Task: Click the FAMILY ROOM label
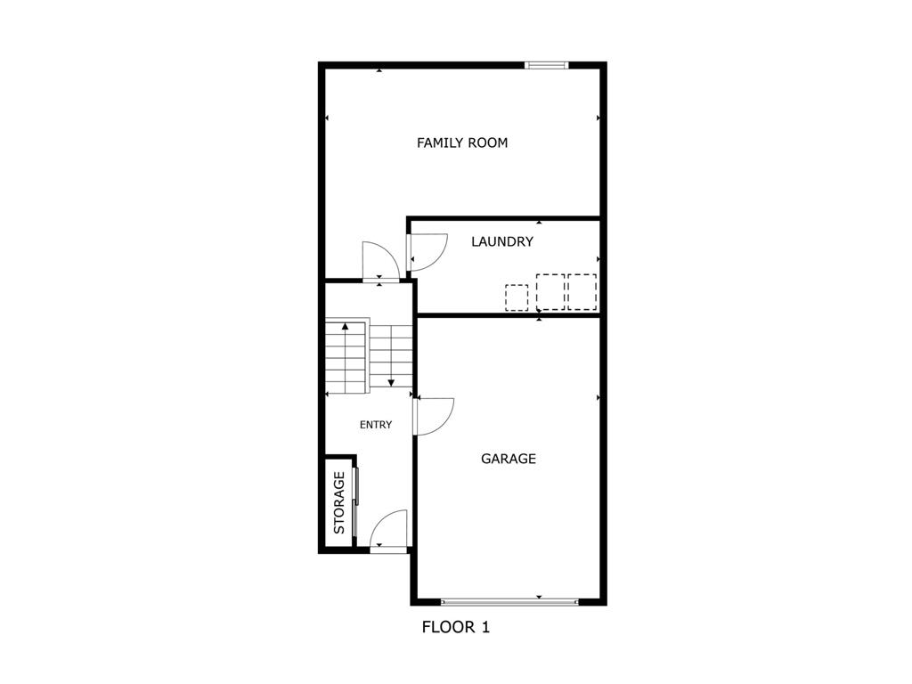[462, 142]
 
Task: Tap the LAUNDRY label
[502, 241]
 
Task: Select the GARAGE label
[509, 459]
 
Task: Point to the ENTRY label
[376, 425]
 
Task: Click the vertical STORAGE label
[339, 502]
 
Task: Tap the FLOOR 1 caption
[455, 627]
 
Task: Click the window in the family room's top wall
[545, 64]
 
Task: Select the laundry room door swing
[426, 251]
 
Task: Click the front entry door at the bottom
[389, 532]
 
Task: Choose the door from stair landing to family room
[380, 262]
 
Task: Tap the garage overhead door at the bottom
[509, 602]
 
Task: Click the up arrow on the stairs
[345, 327]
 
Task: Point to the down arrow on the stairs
[391, 381]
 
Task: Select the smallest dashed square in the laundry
[517, 297]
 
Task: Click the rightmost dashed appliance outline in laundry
[582, 291]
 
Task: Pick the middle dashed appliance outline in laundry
[550, 291]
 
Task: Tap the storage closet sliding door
[355, 501]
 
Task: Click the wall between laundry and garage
[508, 314]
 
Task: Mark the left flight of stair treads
[346, 356]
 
